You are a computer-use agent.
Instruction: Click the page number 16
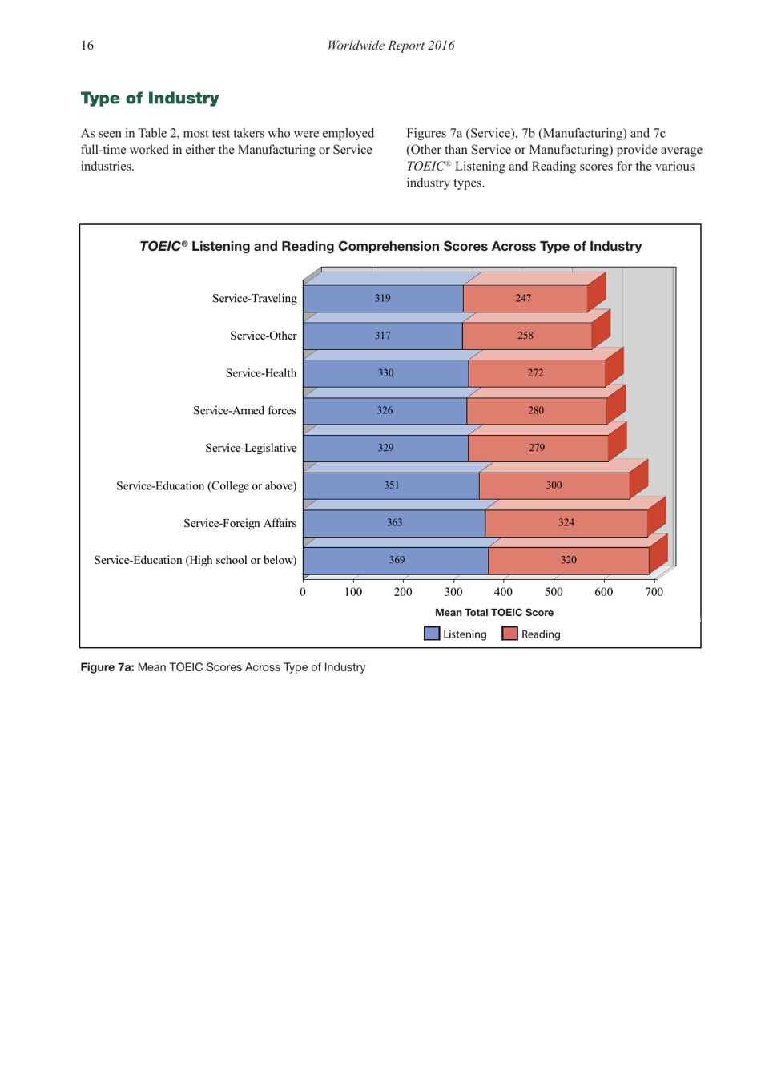87,46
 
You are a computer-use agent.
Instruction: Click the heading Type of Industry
149,99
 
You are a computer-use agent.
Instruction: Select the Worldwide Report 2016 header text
390,46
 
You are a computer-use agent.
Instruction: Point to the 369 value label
397,560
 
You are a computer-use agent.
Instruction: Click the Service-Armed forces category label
244,411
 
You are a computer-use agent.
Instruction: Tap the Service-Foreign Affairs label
240,524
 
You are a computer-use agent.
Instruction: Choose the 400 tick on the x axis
503,592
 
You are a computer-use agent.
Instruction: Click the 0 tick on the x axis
303,592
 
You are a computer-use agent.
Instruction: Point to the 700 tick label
654,592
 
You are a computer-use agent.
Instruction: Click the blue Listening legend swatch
432,634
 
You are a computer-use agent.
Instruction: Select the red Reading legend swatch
509,634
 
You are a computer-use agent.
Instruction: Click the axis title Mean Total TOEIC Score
493,613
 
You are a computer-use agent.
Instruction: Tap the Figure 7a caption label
107,667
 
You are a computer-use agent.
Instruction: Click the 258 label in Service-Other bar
525,336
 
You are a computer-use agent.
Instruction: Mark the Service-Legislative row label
250,449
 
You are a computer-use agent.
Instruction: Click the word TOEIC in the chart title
159,247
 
